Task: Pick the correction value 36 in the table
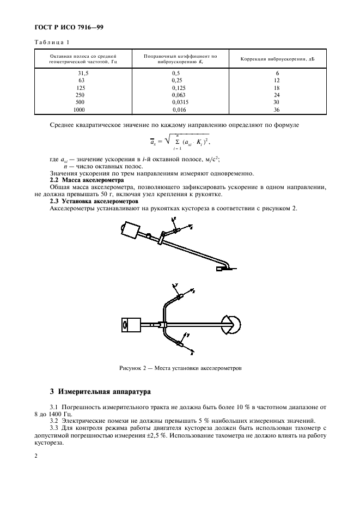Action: [x=277, y=110]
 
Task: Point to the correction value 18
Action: [x=277, y=88]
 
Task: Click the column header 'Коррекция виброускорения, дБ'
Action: [x=277, y=59]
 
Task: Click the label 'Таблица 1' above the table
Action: [x=50, y=42]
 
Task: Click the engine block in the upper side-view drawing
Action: [x=130, y=230]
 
